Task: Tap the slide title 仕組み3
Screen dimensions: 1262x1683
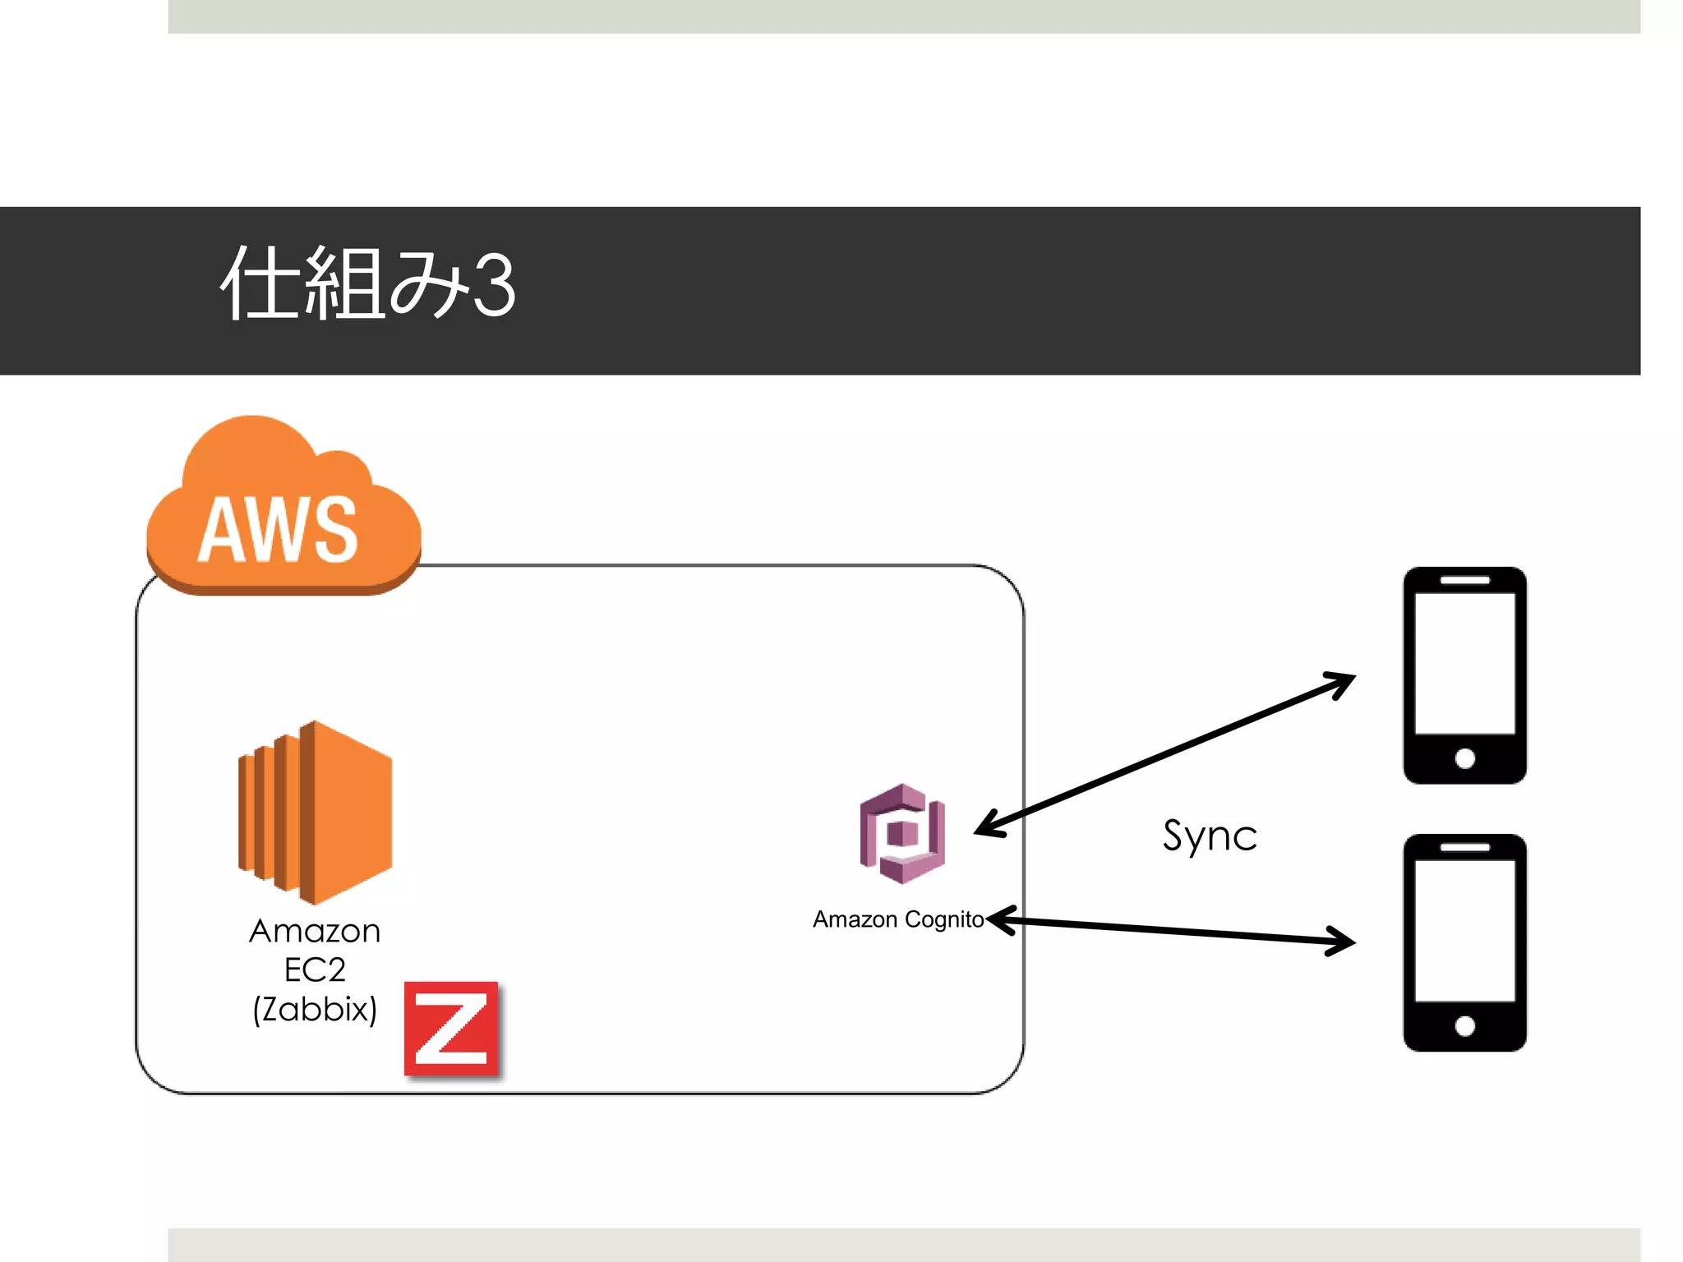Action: [368, 283]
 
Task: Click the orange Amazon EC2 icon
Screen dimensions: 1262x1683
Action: [316, 812]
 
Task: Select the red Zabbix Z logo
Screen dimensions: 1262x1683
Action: [451, 1029]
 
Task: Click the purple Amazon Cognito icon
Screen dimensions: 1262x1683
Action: [902, 834]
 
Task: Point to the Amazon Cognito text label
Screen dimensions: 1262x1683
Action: [897, 919]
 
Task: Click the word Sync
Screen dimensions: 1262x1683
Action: [1210, 836]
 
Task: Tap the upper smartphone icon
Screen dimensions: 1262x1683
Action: [1464, 675]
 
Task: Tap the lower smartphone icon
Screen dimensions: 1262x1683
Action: [1464, 942]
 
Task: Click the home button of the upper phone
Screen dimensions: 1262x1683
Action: [1464, 758]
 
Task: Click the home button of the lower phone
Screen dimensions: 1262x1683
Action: [1464, 1025]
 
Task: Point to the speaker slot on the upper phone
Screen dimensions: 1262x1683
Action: [1464, 580]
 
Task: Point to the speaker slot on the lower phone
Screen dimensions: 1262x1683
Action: [1464, 847]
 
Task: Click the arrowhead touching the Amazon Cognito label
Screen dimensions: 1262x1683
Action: [1001, 920]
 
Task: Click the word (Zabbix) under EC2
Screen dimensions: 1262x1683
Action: [315, 1009]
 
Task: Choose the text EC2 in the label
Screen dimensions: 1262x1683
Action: [315, 970]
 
